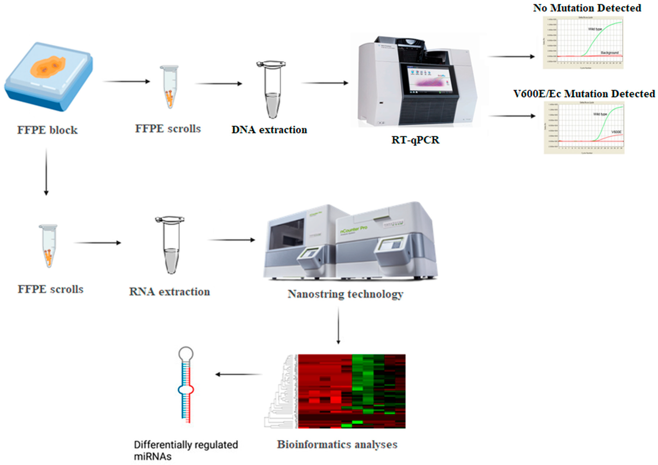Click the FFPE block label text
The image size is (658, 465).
coord(47,130)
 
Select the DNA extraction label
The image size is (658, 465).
coord(269,130)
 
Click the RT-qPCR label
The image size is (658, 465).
coord(415,140)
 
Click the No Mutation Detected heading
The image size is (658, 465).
coord(587,8)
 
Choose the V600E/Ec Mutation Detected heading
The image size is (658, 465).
coord(584,94)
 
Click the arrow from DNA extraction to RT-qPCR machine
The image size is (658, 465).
coord(325,83)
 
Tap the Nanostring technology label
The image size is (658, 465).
coord(345,294)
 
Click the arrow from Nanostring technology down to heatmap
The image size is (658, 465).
coord(338,325)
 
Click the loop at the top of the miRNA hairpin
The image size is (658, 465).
coord(186,354)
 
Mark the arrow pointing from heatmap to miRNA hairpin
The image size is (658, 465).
coord(238,374)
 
